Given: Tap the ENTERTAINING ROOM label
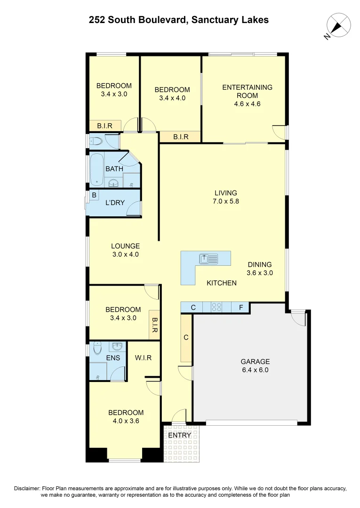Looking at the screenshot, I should (247, 91).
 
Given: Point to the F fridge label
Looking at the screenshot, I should (240, 308).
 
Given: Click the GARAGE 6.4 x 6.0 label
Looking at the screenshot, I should (255, 365).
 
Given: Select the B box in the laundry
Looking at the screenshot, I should (94, 195).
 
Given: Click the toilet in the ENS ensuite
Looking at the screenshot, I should (97, 349).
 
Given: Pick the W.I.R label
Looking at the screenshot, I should (143, 357).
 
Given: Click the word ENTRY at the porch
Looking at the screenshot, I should (180, 435).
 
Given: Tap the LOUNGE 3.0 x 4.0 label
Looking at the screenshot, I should (125, 250).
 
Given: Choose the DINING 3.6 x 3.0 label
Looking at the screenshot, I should (259, 268).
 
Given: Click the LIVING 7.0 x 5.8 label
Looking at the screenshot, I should (225, 197).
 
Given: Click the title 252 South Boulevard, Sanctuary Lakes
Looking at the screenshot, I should (179, 20).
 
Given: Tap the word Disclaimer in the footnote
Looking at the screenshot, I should (28, 489).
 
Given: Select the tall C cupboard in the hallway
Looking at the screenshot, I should (186, 337).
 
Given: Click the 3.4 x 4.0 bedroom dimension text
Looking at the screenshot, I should (172, 98).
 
